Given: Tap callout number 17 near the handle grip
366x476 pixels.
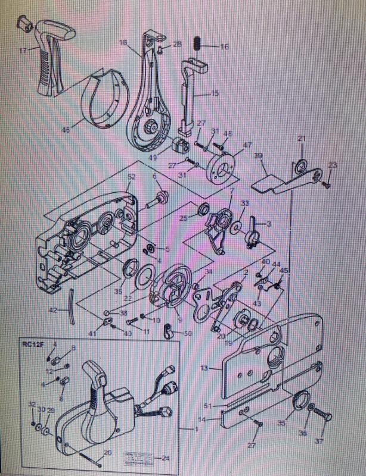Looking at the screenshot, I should click(23, 50).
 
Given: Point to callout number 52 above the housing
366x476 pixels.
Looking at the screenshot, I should click(131, 177).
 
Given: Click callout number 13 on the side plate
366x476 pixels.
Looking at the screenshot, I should click(204, 368).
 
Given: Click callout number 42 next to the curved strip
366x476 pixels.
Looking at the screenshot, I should click(53, 311).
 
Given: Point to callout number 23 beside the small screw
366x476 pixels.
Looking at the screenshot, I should click(333, 165).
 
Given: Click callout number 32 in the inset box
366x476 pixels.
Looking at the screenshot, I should click(31, 404).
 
